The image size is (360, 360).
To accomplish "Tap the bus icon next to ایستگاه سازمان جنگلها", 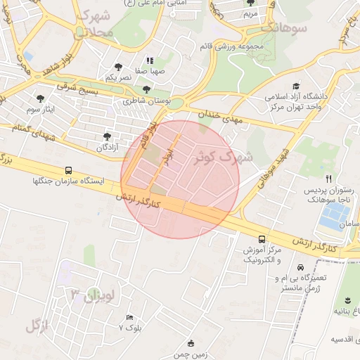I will click(68, 170).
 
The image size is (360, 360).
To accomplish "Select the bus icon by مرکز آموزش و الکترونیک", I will click(262, 239).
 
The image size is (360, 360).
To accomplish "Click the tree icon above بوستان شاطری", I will click(146, 89).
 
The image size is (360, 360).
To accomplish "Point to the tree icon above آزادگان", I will click(107, 136).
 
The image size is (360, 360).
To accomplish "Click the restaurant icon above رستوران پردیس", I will click(328, 179).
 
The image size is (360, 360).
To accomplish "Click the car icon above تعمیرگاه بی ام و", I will click(301, 268).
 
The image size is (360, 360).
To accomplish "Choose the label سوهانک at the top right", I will click(283, 29).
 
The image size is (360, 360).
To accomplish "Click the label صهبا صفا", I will click(151, 71).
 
